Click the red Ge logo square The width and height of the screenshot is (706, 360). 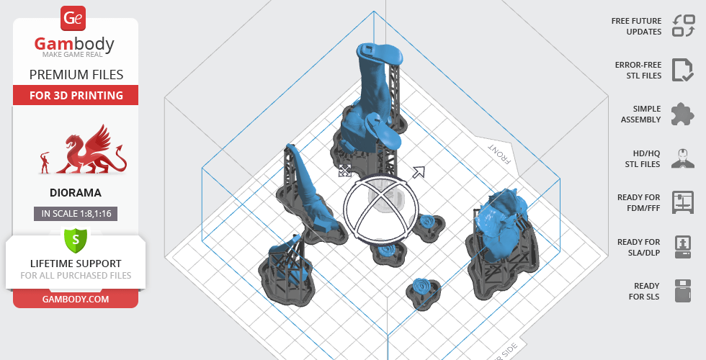coord(73,19)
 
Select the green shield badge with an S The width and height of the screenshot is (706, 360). coord(76,240)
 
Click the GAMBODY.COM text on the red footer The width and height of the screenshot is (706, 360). coord(76,300)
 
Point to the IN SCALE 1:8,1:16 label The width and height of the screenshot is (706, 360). coord(76,214)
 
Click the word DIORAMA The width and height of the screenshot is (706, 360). coord(76,193)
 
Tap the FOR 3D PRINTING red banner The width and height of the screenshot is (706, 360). coord(76,95)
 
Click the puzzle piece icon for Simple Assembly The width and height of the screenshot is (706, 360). coord(683,114)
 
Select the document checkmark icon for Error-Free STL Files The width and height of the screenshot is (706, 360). coord(683,70)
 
